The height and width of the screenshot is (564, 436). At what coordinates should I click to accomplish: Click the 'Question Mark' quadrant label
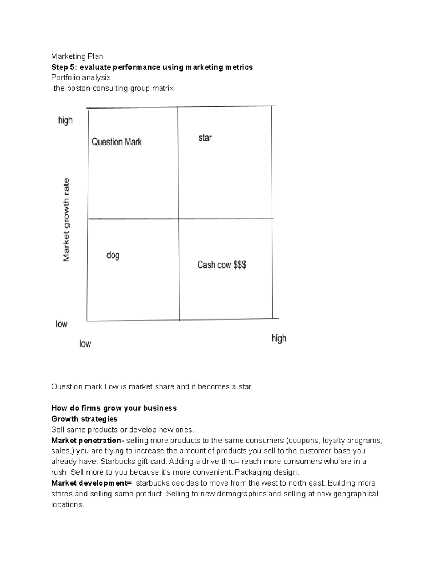pyautogui.click(x=116, y=142)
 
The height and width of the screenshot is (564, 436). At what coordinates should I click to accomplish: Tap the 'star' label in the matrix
pyautogui.click(x=205, y=138)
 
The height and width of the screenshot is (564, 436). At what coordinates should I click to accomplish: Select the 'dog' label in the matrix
pyautogui.click(x=113, y=255)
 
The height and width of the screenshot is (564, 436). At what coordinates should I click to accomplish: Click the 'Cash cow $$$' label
pyautogui.click(x=222, y=265)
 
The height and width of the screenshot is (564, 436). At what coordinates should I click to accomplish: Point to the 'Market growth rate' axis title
pyautogui.click(x=66, y=219)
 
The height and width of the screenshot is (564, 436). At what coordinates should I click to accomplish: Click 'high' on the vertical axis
pyautogui.click(x=65, y=120)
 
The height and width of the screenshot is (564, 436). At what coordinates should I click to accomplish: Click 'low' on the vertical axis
pyautogui.click(x=61, y=324)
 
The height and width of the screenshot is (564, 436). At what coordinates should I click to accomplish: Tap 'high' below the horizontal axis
pyautogui.click(x=279, y=338)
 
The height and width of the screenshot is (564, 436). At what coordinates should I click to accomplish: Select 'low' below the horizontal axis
pyautogui.click(x=85, y=344)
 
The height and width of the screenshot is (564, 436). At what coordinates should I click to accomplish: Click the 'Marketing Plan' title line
pyautogui.click(x=77, y=56)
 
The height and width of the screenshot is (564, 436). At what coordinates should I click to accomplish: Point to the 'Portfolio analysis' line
pyautogui.click(x=81, y=78)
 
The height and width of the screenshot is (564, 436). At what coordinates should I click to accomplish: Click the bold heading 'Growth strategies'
pyautogui.click(x=84, y=419)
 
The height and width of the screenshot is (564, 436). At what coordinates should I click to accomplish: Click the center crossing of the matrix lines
pyautogui.click(x=178, y=219)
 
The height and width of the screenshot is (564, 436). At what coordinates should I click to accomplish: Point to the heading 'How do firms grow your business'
pyautogui.click(x=114, y=408)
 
